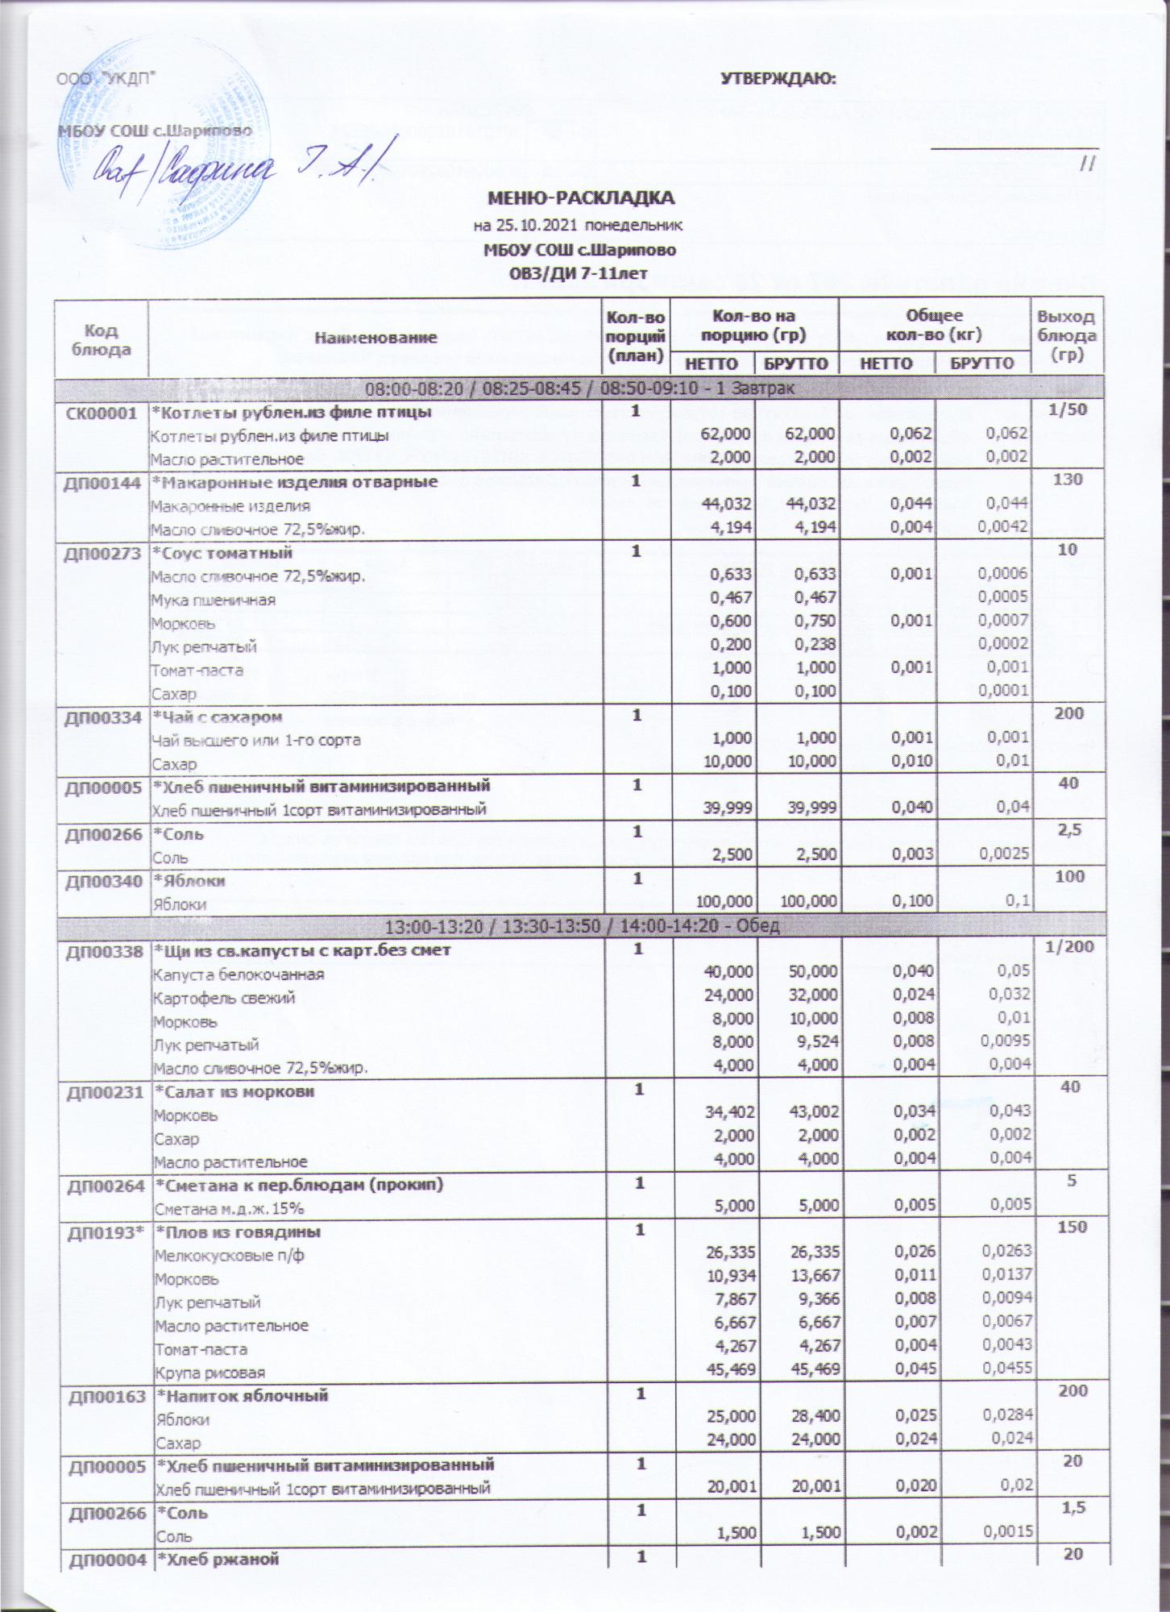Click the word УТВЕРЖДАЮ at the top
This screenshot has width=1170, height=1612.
pos(777,79)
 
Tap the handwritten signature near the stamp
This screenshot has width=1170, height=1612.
pos(242,168)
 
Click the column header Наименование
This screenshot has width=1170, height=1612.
pos(375,338)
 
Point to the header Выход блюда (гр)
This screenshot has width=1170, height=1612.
pos(1066,336)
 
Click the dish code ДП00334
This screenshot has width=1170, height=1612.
pos(102,717)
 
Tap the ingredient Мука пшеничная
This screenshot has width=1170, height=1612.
pos(214,600)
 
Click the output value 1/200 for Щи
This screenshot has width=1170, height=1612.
pos(1068,949)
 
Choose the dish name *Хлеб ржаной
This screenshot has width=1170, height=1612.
pos(217,1581)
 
